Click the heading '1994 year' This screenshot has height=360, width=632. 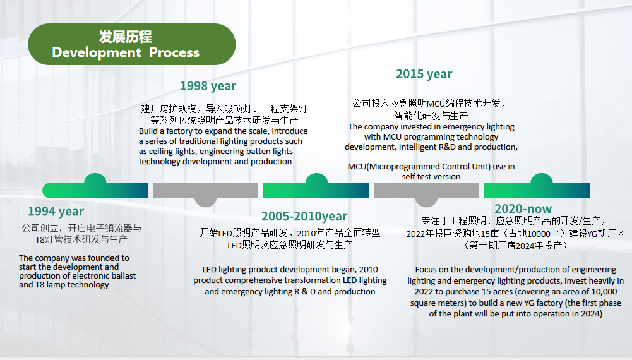[56, 211]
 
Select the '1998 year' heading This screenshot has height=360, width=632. [208, 86]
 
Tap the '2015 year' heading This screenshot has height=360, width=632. [424, 74]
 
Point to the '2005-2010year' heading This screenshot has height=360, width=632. [304, 216]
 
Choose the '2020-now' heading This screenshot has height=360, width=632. [523, 208]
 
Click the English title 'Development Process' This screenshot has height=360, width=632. [126, 52]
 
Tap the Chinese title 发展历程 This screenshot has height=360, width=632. [126, 37]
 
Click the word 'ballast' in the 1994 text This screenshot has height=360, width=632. [123, 276]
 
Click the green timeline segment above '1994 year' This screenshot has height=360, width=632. [95, 190]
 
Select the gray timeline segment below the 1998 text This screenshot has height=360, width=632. [206, 190]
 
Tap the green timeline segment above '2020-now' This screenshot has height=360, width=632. [537, 190]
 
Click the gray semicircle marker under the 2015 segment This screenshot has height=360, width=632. [426, 202]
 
